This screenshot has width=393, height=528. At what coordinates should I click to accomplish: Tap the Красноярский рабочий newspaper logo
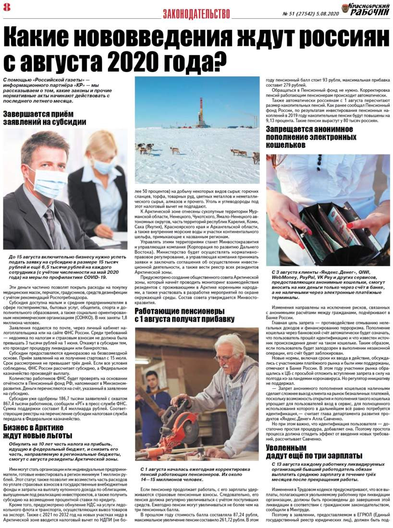[x=366, y=9]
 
